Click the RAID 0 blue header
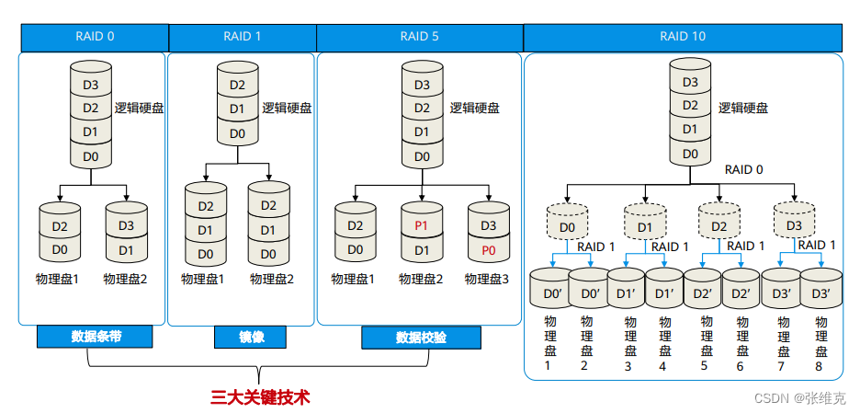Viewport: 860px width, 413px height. click(95, 37)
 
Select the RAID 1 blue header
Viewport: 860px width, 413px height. click(243, 37)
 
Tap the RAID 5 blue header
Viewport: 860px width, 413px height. click(419, 37)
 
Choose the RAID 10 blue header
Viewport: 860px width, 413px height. click(683, 37)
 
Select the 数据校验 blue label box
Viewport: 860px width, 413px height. click(421, 338)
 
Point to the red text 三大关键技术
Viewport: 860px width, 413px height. click(260, 397)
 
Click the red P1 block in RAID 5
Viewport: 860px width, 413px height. click(423, 226)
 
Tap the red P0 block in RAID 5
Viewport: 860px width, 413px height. click(489, 249)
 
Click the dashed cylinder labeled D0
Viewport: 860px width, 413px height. click(567, 226)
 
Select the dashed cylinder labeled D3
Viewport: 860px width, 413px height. click(794, 225)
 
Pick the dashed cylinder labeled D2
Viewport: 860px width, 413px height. click(719, 226)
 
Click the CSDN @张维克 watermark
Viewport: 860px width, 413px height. click(801, 397)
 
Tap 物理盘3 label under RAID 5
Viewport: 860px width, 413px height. click(489, 279)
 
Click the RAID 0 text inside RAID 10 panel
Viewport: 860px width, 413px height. click(743, 169)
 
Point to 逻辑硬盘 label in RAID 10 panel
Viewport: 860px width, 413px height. click(742, 108)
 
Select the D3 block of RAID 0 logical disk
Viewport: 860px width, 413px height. click(91, 86)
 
